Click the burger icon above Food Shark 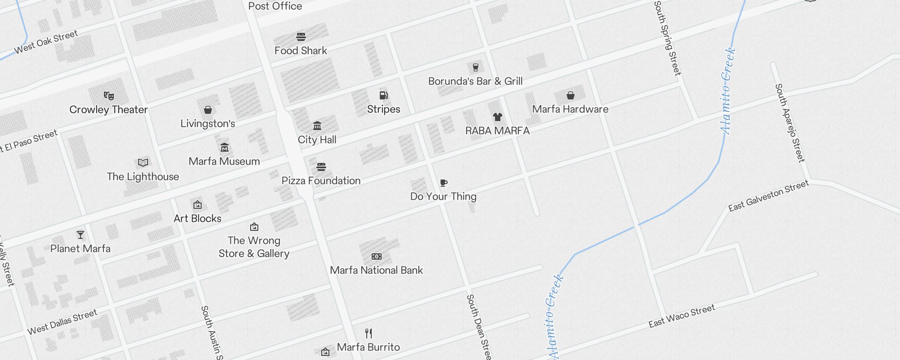(x=301, y=37)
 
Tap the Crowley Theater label (x=108, y=109)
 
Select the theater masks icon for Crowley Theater (x=108, y=95)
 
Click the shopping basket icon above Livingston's (x=208, y=110)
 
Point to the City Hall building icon (x=317, y=126)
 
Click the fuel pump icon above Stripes (x=383, y=95)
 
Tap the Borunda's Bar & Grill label (x=475, y=81)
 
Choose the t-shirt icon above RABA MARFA (x=497, y=117)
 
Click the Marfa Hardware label (x=570, y=109)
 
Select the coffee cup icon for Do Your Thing (x=444, y=183)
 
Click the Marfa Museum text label (x=224, y=161)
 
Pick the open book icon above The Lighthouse (x=143, y=162)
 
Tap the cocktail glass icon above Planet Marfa (x=81, y=235)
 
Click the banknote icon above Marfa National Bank (x=377, y=256)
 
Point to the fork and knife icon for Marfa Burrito (x=369, y=333)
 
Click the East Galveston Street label (x=768, y=195)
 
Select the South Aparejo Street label (x=789, y=122)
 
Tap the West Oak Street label (x=46, y=42)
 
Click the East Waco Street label (x=681, y=316)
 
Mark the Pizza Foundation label (x=321, y=180)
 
